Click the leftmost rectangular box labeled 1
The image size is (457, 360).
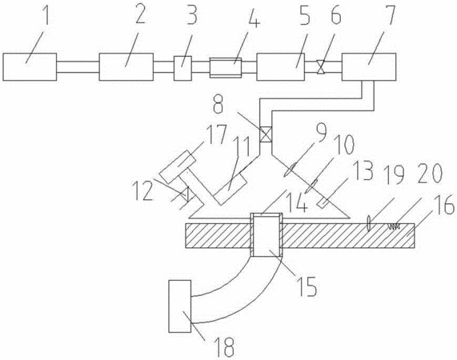(30, 66)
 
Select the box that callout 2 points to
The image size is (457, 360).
(126, 66)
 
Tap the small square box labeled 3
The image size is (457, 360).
(182, 68)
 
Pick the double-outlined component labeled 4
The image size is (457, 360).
(226, 67)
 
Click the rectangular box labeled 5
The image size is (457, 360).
(281, 66)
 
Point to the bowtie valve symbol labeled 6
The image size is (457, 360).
(320, 67)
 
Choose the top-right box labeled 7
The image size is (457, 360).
(369, 66)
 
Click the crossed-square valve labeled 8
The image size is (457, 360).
(266, 135)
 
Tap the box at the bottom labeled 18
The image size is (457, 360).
(180, 306)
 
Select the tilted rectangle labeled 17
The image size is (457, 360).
(178, 166)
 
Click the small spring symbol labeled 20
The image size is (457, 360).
(393, 226)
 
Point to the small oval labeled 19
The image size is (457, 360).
(369, 223)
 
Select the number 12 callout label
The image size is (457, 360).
(143, 191)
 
